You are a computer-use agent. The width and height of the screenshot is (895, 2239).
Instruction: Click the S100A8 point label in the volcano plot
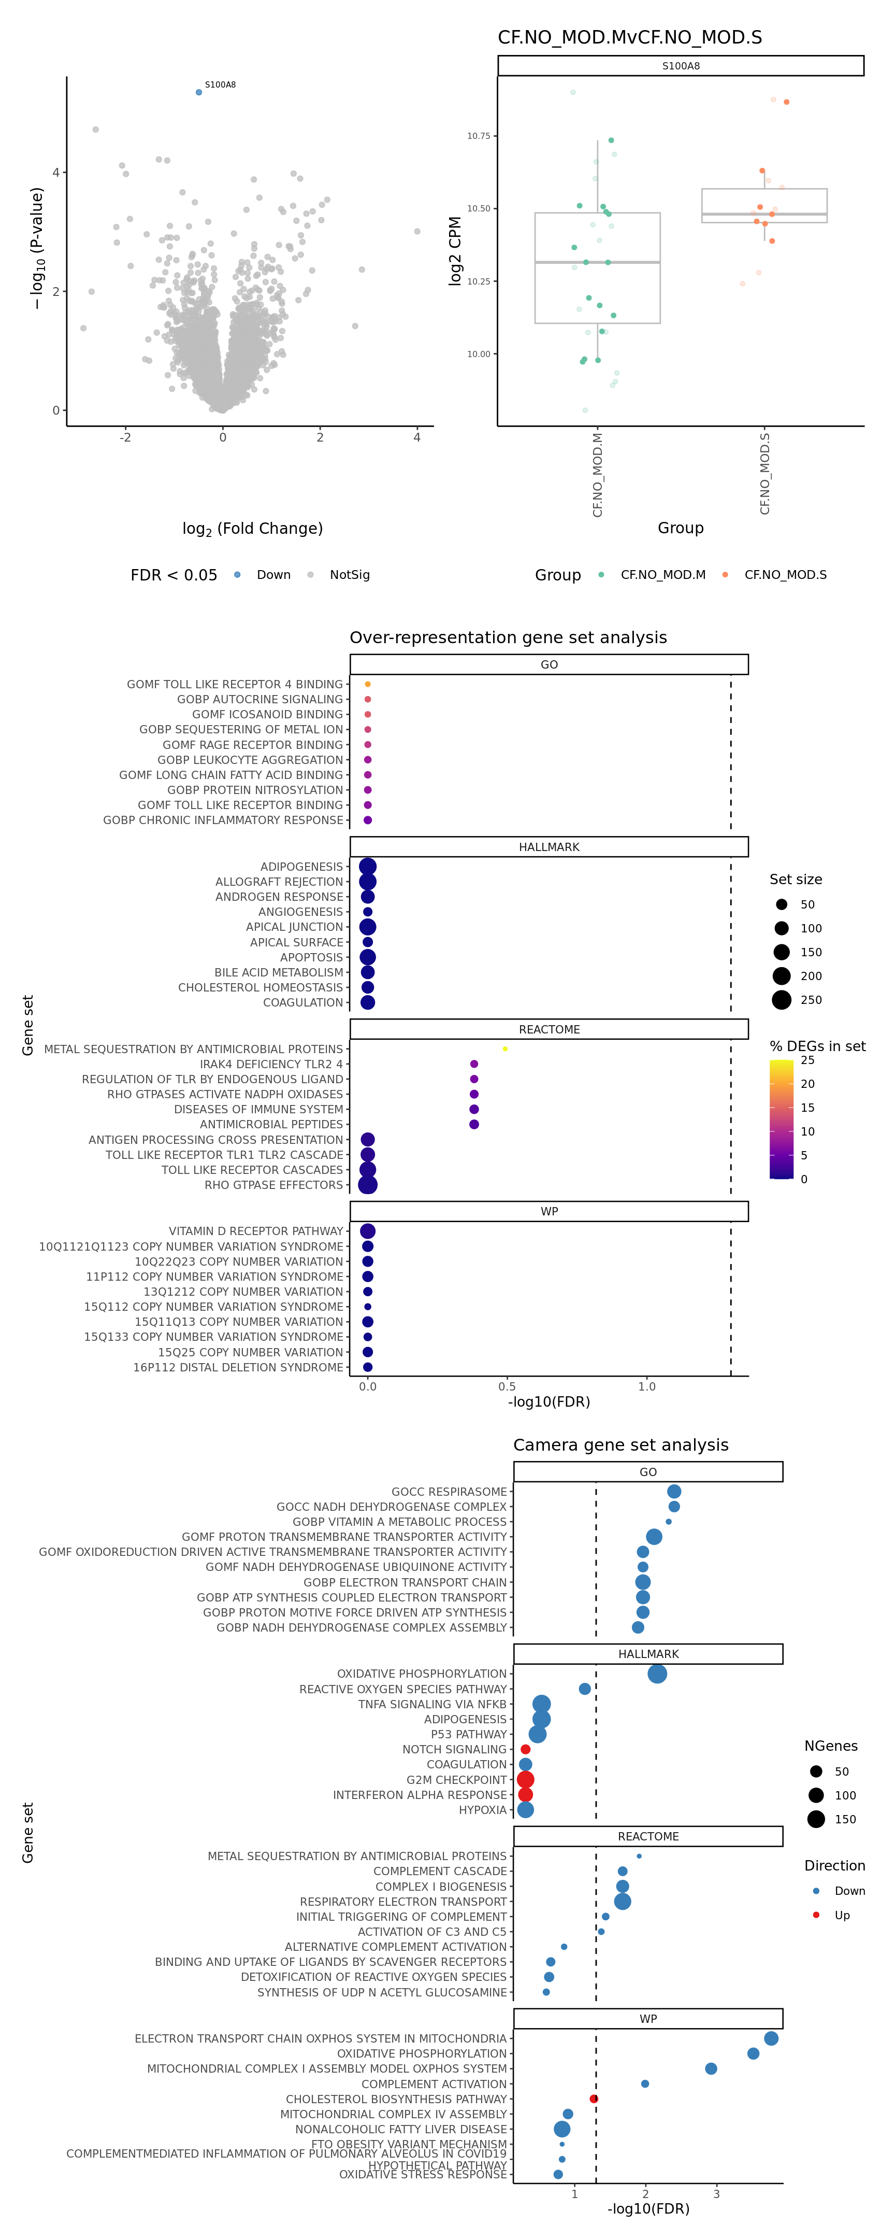click(220, 85)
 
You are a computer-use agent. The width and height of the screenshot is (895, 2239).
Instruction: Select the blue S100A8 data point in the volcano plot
click(199, 92)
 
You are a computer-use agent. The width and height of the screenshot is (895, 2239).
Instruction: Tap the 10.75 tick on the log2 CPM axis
click(479, 136)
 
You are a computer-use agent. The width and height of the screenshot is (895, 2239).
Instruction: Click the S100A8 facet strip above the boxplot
click(681, 66)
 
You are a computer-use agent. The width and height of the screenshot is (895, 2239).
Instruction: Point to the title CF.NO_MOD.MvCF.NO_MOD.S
click(629, 37)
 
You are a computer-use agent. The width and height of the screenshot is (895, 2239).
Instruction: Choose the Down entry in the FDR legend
click(273, 575)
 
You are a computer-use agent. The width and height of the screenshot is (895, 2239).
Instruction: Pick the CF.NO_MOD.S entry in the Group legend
click(785, 575)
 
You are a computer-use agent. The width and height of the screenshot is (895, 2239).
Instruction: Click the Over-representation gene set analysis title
click(508, 637)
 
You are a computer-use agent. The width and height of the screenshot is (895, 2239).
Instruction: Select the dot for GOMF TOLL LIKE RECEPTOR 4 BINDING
click(368, 684)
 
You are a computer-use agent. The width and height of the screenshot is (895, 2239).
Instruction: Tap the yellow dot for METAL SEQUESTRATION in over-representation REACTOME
click(505, 1049)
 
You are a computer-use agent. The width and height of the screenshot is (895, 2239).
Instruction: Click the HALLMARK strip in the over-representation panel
click(548, 846)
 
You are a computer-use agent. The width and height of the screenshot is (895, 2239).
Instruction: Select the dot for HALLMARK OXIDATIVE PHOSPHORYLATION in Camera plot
click(657, 1673)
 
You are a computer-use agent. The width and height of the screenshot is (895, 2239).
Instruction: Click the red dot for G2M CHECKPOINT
click(525, 1779)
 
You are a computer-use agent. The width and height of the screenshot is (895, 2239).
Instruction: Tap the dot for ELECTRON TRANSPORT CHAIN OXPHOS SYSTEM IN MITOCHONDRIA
click(771, 2038)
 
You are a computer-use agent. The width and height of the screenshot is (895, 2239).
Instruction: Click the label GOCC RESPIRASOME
click(449, 1492)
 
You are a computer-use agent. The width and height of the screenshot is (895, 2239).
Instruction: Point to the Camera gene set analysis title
click(620, 1444)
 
